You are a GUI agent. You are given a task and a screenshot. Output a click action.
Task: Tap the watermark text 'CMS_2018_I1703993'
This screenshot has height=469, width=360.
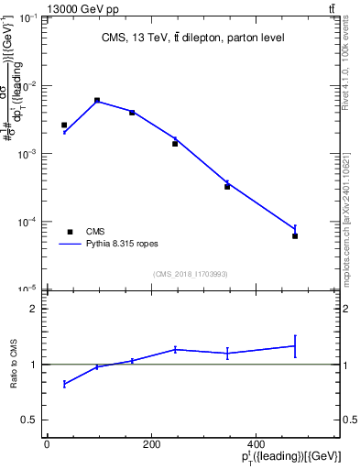[191, 273]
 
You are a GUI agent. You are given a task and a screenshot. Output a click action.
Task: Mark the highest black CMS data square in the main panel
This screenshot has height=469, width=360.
[97, 101]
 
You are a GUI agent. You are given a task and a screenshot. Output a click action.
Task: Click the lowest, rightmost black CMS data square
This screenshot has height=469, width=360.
[295, 236]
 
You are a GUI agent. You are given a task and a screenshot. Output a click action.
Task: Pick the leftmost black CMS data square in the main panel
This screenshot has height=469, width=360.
[64, 125]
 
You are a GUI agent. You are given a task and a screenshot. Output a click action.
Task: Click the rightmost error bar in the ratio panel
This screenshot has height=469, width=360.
[295, 345]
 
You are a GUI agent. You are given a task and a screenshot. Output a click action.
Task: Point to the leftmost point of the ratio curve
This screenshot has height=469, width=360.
[64, 384]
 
